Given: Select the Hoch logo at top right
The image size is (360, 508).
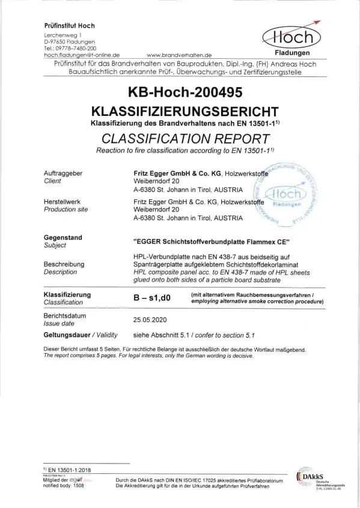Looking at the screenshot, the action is [293, 38].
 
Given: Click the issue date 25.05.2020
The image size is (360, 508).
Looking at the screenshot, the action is [150, 321].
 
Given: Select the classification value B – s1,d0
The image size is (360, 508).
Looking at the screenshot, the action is [154, 296].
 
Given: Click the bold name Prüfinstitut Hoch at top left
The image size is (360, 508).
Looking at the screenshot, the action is [70, 25].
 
